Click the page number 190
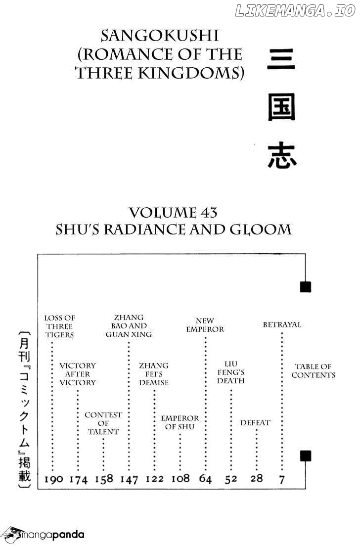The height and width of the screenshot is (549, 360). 53,479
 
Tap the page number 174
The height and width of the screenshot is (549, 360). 79,479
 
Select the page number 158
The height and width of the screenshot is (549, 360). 104,479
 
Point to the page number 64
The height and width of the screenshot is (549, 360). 205,479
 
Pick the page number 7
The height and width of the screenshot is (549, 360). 282,479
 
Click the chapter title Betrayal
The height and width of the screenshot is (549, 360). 282,324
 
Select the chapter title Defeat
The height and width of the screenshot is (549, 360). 255,422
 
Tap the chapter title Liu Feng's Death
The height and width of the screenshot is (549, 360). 231,372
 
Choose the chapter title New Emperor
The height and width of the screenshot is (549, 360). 205,325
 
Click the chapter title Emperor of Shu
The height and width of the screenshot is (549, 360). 180,422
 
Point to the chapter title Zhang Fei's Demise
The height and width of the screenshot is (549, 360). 154,374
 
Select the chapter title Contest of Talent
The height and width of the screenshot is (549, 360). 103,423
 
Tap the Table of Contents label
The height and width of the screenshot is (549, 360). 314,371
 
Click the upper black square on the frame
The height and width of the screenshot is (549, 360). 306,287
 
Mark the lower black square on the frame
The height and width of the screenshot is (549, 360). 306,456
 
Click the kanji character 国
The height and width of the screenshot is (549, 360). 282,107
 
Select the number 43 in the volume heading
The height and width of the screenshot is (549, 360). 209,213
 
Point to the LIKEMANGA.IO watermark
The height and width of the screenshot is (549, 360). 295,11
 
